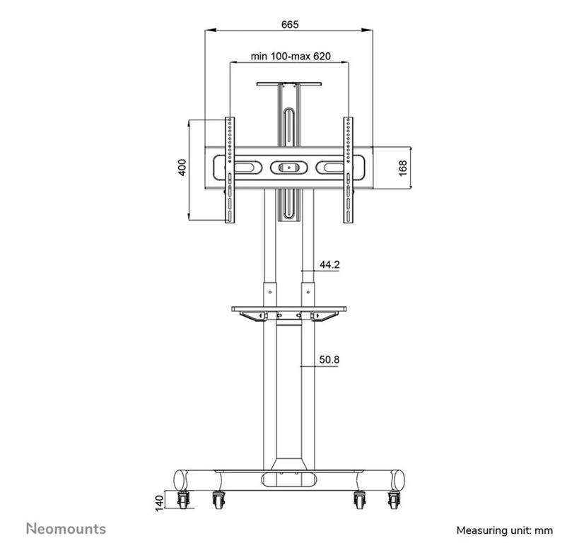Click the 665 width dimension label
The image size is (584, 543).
(x=289, y=24)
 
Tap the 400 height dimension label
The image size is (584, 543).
(x=182, y=168)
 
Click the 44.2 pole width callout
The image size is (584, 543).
(x=329, y=265)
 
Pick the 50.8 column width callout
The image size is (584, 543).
(x=329, y=360)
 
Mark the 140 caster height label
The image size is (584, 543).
(x=160, y=501)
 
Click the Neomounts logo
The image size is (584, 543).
(x=66, y=528)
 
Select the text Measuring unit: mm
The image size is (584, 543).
(x=504, y=530)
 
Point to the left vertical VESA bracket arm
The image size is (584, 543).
(x=229, y=170)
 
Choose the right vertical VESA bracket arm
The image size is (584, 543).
(x=348, y=170)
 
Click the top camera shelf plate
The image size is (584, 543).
(x=288, y=83)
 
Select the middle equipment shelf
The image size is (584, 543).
(x=289, y=309)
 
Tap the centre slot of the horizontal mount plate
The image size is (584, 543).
(x=288, y=168)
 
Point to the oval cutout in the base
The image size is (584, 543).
(x=288, y=479)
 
